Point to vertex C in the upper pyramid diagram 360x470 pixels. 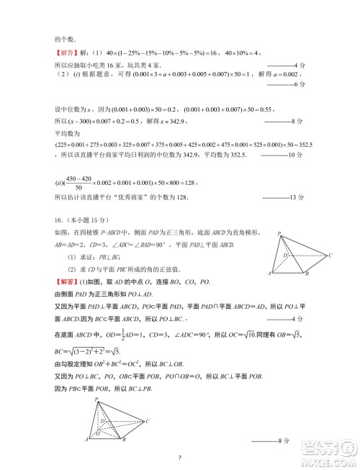click(330, 256)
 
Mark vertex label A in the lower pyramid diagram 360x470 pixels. click(86, 439)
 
